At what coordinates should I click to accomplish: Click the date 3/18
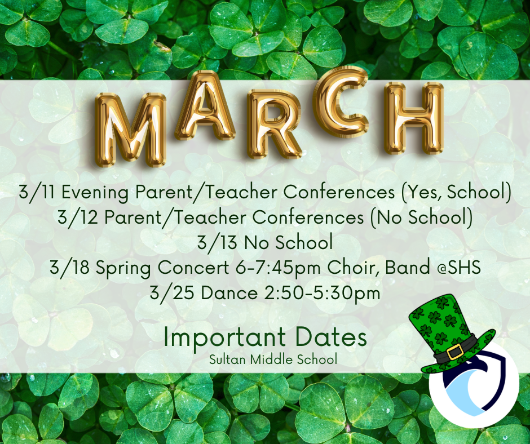pyautogui.click(x=69, y=268)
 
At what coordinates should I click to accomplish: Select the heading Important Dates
pyautogui.click(x=265, y=338)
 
